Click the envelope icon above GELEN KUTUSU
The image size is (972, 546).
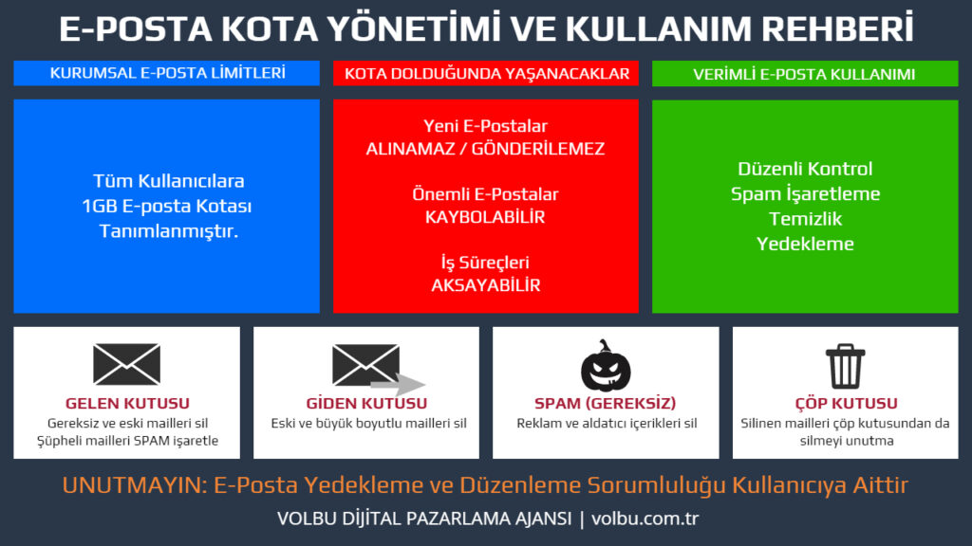pyautogui.click(x=126, y=364)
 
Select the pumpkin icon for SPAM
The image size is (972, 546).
pyautogui.click(x=606, y=366)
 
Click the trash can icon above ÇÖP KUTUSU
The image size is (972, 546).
pyautogui.click(x=844, y=365)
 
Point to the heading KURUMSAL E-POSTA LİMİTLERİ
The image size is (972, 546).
pyautogui.click(x=166, y=73)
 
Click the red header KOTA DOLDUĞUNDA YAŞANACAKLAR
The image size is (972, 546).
pyautogui.click(x=486, y=73)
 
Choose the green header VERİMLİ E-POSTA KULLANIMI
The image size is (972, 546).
pyautogui.click(x=804, y=74)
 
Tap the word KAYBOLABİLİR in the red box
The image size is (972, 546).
pyautogui.click(x=485, y=217)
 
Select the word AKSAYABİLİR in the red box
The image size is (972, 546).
pyautogui.click(x=485, y=285)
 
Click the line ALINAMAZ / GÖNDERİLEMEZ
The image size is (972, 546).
pyautogui.click(x=485, y=149)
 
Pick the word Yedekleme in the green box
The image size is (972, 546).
pyautogui.click(x=805, y=244)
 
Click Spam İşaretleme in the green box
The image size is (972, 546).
pyautogui.click(x=805, y=193)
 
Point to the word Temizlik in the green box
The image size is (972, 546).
pyautogui.click(x=805, y=218)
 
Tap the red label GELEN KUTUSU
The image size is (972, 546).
pyautogui.click(x=126, y=404)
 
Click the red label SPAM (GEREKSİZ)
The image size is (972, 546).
pyautogui.click(x=606, y=404)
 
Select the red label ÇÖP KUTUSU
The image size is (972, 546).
pyautogui.click(x=844, y=404)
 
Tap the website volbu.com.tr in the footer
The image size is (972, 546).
pyautogui.click(x=645, y=519)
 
